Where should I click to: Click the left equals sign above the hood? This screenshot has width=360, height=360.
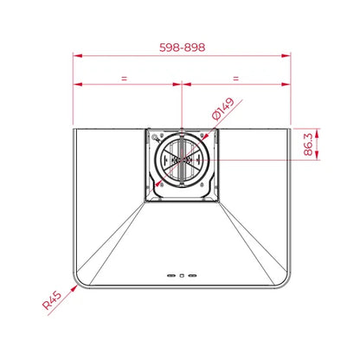tap(126, 79)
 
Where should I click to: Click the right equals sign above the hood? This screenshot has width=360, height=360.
tap(235, 79)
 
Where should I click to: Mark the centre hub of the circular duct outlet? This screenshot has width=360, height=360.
tap(181, 161)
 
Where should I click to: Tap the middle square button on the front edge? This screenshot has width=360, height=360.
tap(181, 275)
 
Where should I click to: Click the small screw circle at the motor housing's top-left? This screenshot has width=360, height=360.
tap(155, 137)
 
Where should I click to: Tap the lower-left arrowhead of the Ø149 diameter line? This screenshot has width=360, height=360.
tap(157, 185)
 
